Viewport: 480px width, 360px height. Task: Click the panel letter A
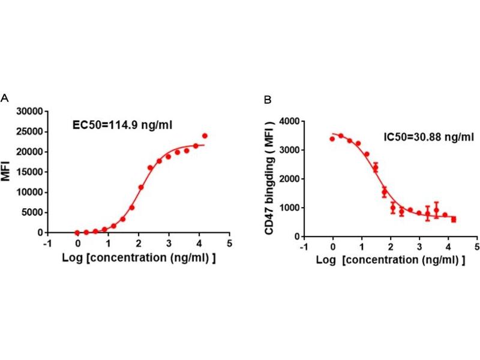tap(5, 98)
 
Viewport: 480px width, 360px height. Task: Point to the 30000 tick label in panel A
tap(29, 111)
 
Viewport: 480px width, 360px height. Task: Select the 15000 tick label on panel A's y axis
tap(29, 172)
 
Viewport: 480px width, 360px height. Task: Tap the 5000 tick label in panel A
tap(31, 212)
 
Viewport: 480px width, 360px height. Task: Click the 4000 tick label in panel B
tap(289, 121)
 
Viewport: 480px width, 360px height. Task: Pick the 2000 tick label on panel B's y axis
tap(289, 179)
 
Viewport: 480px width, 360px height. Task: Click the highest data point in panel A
tap(205, 136)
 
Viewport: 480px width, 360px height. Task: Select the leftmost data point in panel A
tap(77, 232)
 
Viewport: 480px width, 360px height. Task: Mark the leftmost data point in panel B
tap(332, 139)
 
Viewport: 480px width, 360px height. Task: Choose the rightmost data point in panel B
tap(454, 220)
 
